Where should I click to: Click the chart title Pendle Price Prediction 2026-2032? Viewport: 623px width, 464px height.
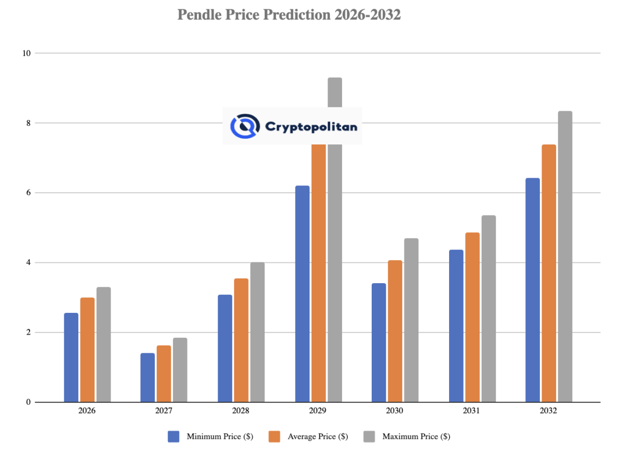289,15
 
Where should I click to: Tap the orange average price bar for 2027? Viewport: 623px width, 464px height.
164,374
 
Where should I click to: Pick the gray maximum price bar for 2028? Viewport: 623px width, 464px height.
257,332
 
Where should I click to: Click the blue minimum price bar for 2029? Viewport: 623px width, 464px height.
302,294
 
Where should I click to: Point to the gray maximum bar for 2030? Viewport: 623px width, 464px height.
411,320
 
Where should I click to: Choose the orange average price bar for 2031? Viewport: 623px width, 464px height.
472,317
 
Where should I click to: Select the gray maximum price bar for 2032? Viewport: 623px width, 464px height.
565,257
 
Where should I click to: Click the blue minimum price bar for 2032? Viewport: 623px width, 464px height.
533,290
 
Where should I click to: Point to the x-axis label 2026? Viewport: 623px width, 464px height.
87,410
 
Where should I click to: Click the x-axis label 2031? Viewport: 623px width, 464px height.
472,410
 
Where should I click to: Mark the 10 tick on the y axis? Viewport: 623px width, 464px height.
26,53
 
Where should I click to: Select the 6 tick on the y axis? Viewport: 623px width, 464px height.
29,193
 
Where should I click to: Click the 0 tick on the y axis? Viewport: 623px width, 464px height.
29,402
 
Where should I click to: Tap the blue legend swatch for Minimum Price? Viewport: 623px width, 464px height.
173,436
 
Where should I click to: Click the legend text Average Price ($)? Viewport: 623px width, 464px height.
318,436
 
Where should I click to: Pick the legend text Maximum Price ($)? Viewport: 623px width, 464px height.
416,436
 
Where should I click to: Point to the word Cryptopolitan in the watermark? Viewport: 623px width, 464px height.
311,126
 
